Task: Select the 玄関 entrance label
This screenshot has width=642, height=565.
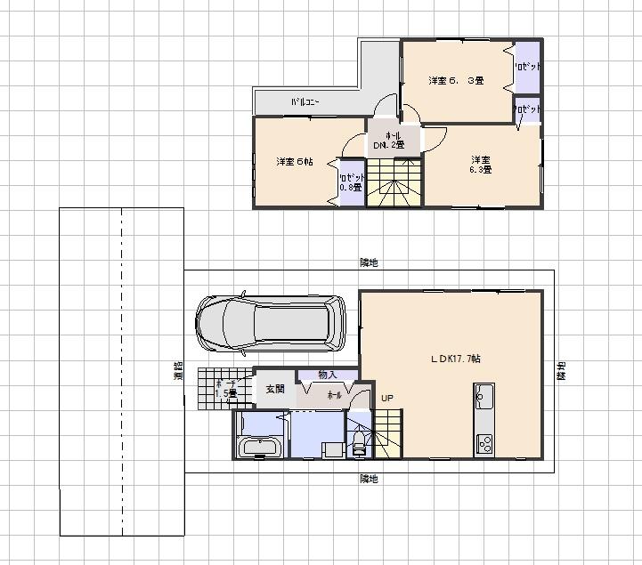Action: tap(274, 389)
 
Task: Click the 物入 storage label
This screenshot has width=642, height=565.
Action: tap(328, 375)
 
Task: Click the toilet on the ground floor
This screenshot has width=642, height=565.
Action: tap(359, 445)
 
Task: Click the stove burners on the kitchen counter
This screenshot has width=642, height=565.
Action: tap(484, 441)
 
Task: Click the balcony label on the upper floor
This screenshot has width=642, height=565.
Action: tap(305, 103)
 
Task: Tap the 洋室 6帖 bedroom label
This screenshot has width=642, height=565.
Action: tap(294, 162)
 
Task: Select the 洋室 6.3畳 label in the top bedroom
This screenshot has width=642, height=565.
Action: tap(455, 81)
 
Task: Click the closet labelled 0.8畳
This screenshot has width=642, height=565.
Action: tap(351, 183)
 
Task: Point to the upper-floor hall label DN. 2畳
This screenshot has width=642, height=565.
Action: tap(393, 140)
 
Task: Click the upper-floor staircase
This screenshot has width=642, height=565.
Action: tap(393, 182)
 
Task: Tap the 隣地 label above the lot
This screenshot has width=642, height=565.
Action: tap(369, 262)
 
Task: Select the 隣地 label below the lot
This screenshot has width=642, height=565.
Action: tap(369, 479)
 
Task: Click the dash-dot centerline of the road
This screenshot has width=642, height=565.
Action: tap(122, 374)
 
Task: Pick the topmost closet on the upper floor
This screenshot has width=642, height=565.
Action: tap(526, 68)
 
